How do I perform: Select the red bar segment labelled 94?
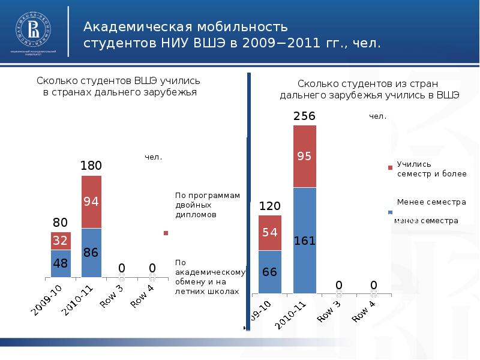pos(91,202)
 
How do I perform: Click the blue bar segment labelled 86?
pos(91,253)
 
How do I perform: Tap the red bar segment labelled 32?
pos(61,241)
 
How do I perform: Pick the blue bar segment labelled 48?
pos(61,263)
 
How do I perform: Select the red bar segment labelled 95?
pos(304,156)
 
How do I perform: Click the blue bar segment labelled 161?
pos(304,241)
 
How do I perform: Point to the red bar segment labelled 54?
pos(269,232)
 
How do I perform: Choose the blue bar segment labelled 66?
pos(269,272)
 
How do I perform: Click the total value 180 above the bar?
pos(91,166)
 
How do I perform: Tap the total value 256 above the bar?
pos(304,116)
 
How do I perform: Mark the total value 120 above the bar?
pos(269,206)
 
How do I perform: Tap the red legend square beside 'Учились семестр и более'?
pos(390,168)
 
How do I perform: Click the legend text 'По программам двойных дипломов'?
pos(207,205)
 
